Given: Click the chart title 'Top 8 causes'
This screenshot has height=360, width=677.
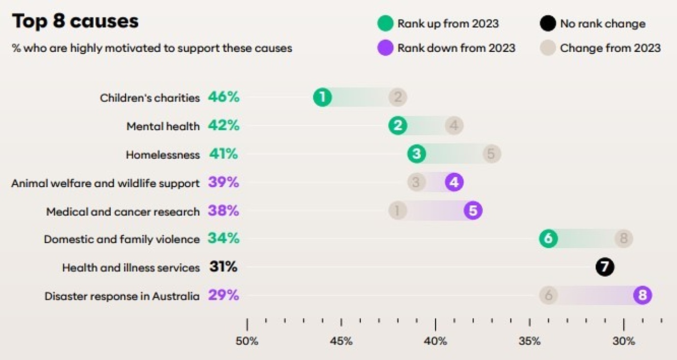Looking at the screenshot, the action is tap(75, 22).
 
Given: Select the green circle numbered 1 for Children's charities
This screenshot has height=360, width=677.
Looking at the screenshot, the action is tap(323, 97).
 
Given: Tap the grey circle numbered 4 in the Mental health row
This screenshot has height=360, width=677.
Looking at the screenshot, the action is tap(454, 125).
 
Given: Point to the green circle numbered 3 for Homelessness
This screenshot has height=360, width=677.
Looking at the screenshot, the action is tap(416, 154).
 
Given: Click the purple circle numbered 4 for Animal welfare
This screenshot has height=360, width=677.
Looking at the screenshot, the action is tap(454, 182).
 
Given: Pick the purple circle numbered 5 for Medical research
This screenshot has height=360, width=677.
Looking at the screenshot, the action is tap(473, 210).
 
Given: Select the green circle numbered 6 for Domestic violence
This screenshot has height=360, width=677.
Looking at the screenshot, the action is tap(548, 239).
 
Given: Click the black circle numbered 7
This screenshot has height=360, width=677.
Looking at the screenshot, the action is tap(605, 267).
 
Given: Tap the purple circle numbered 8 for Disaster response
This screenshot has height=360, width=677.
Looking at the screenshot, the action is tap(643, 295).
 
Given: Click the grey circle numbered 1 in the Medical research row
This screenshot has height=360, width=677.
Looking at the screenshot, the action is tap(397, 210).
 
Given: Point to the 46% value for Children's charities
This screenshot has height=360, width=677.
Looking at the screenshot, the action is tap(223, 97).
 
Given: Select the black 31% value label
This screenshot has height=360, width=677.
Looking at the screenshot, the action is tap(223, 267).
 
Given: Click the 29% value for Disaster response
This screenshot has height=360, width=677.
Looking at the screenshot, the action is tap(223, 295).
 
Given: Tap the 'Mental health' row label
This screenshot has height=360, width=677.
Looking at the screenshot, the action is tap(163, 126).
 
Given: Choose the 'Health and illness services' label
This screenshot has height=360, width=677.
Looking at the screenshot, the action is tap(131, 268).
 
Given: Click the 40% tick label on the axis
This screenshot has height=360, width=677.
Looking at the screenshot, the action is tap(435, 341).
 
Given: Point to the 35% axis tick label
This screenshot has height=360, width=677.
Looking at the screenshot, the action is tap(530, 341).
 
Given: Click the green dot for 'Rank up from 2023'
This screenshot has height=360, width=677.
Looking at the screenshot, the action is tap(385, 23).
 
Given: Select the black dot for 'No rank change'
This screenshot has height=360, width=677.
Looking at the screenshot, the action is tap(547, 23).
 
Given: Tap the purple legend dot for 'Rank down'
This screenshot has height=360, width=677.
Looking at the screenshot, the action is tap(385, 48).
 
